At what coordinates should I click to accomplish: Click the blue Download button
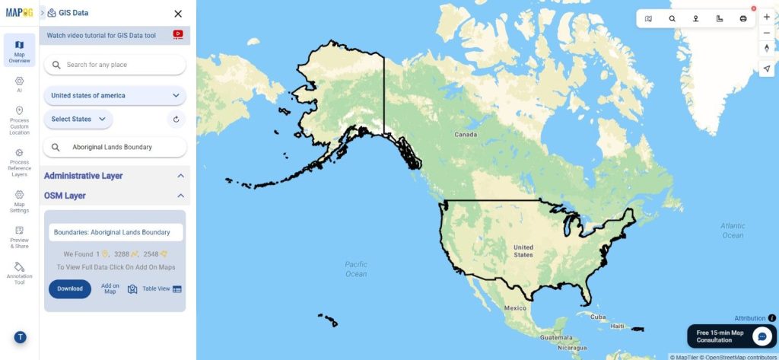click(x=70, y=289)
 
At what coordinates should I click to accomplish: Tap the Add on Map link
click(x=110, y=288)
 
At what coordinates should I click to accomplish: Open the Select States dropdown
click(x=78, y=119)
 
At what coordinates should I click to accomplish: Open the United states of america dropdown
click(x=114, y=96)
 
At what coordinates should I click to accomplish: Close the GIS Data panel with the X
click(x=178, y=14)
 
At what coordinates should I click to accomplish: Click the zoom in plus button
click(x=766, y=17)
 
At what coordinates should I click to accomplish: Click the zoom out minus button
click(x=766, y=33)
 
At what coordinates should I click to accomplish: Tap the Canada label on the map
click(x=466, y=135)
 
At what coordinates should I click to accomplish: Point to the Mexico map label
click(x=515, y=308)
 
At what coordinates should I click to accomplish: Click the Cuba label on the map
click(x=598, y=317)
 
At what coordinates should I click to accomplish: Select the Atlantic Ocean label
click(x=733, y=231)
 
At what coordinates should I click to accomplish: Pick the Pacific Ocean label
click(x=356, y=269)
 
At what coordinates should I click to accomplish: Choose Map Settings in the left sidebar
click(x=19, y=201)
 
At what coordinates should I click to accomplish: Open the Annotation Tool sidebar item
click(x=19, y=273)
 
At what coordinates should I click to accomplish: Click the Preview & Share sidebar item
click(x=19, y=237)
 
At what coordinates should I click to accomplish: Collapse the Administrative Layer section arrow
click(x=180, y=176)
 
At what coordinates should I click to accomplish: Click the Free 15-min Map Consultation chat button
click(x=762, y=336)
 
